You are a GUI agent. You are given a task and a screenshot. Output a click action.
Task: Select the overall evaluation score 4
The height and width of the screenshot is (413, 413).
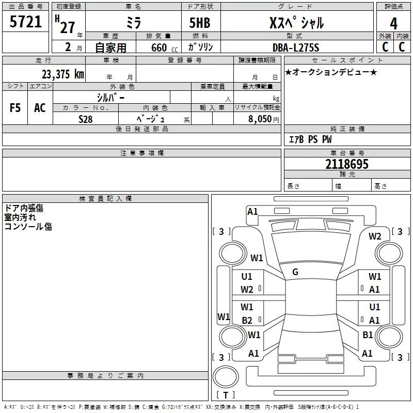[x=393, y=23]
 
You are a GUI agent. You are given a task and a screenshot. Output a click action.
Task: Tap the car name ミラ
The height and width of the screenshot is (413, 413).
[x=133, y=22]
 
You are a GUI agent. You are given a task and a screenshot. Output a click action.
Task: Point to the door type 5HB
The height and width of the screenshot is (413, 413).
[x=200, y=23]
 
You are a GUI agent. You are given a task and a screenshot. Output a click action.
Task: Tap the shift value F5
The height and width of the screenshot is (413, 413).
[x=15, y=108]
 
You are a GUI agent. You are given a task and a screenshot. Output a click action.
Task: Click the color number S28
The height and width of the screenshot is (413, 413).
[x=86, y=119]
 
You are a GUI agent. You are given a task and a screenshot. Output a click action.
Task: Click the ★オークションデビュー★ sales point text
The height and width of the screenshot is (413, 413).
[x=330, y=72]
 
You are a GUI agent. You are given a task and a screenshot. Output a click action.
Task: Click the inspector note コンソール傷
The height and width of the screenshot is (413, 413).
[x=28, y=226]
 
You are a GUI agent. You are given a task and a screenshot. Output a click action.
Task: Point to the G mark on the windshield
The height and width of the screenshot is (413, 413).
[x=295, y=272]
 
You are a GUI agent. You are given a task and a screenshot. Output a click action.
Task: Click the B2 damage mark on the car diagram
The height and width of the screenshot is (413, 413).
[x=247, y=321]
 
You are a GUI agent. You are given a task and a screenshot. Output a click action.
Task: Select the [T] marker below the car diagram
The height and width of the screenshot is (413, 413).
[x=225, y=395]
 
